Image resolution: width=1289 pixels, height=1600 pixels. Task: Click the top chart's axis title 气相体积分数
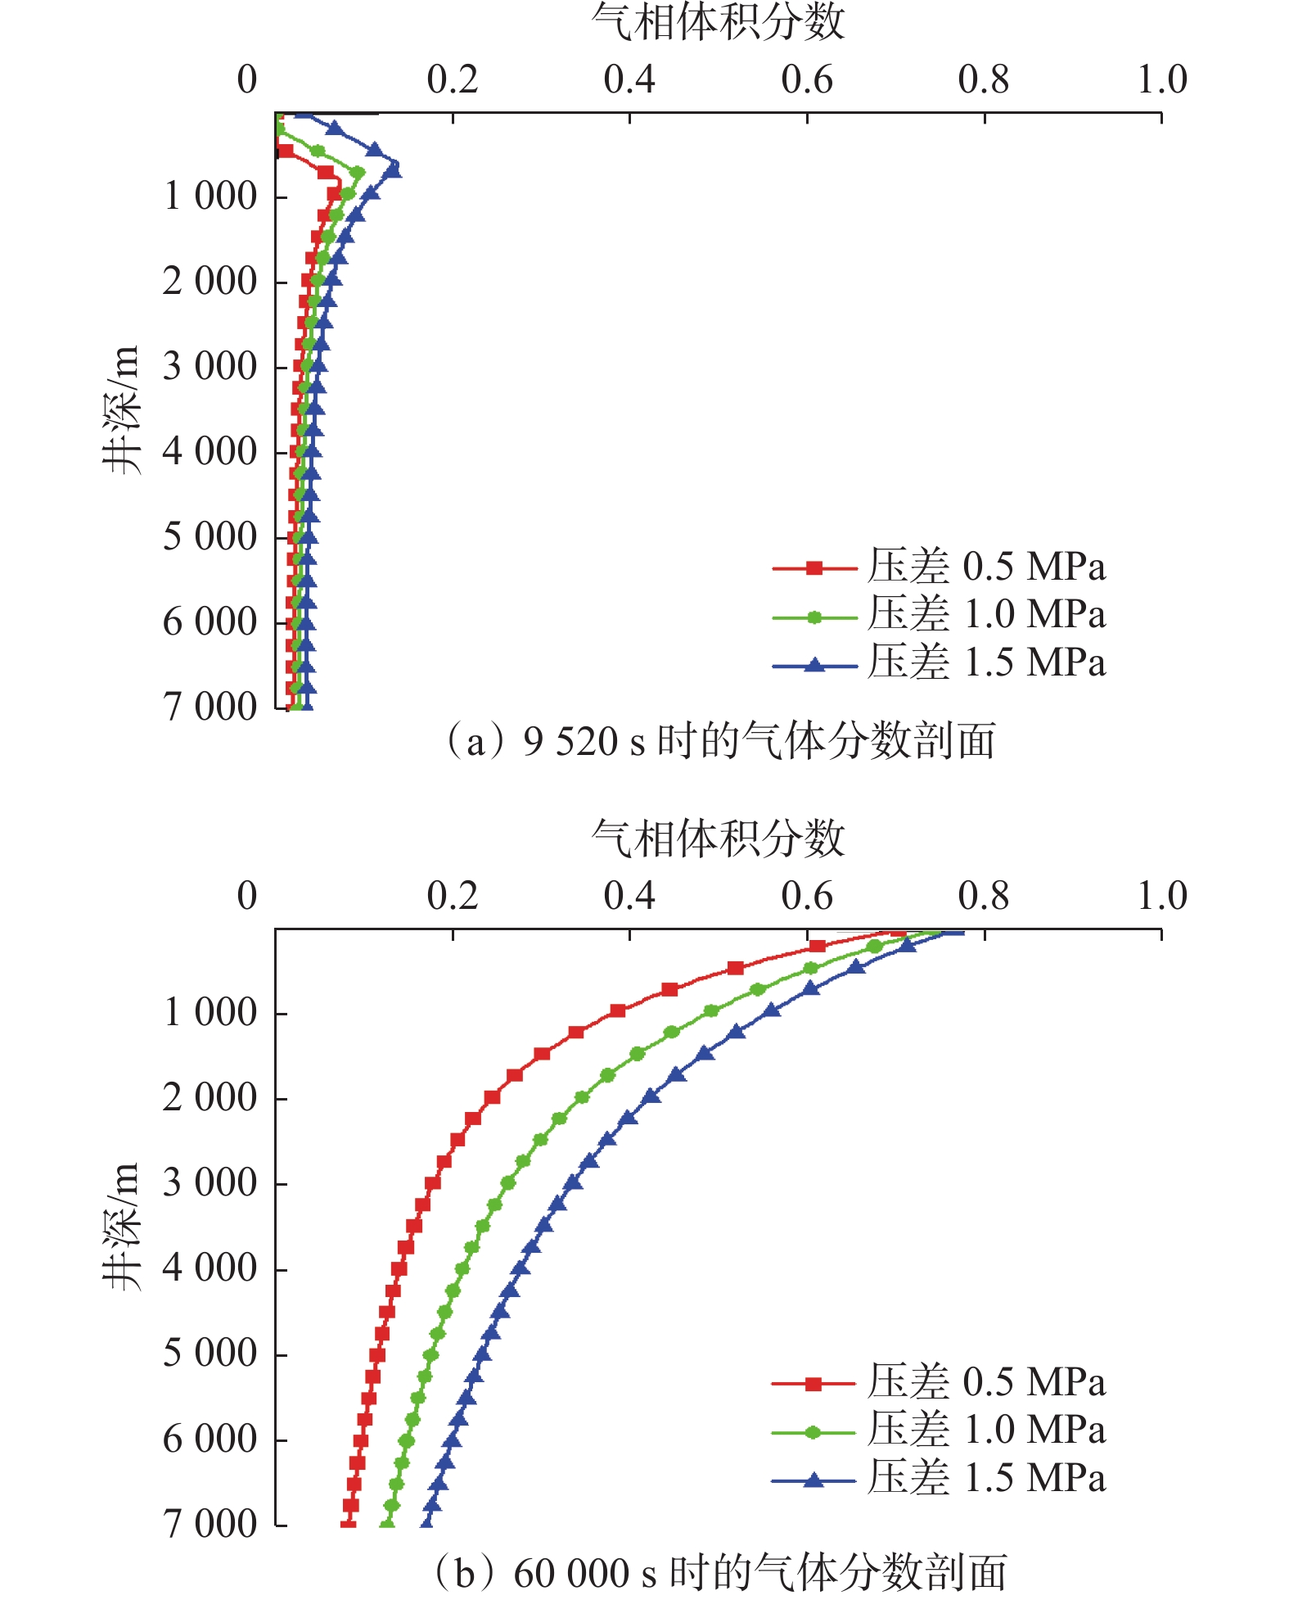pos(718,22)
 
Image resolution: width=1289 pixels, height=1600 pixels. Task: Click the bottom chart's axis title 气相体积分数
pos(718,838)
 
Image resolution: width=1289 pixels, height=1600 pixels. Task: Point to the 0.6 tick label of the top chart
pos(806,80)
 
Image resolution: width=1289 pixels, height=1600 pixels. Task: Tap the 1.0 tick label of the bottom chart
pos(1161,897)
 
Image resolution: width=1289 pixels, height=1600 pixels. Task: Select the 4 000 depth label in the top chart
pos(210,452)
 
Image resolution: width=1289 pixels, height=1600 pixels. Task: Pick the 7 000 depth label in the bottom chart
pos(210,1524)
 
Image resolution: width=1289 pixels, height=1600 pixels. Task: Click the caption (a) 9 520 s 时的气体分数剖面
pos(718,741)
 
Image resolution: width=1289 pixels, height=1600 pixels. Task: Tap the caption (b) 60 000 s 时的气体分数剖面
pos(718,1573)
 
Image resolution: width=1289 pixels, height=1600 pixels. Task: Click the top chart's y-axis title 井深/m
pos(121,409)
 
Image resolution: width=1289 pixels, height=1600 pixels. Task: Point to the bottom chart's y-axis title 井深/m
pos(121,1226)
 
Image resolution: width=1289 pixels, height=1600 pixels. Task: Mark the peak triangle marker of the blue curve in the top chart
pos(394,169)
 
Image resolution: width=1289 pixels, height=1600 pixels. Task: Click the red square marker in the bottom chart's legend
pos(813,1384)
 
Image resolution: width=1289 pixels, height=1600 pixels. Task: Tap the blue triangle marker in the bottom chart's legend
pos(813,1479)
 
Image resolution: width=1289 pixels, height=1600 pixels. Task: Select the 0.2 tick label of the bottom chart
pos(452,897)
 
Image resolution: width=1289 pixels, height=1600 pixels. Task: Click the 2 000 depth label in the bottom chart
pos(210,1098)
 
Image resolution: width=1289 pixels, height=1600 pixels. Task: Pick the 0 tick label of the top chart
pos(246,80)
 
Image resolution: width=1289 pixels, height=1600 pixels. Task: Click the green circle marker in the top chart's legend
pos(814,617)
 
